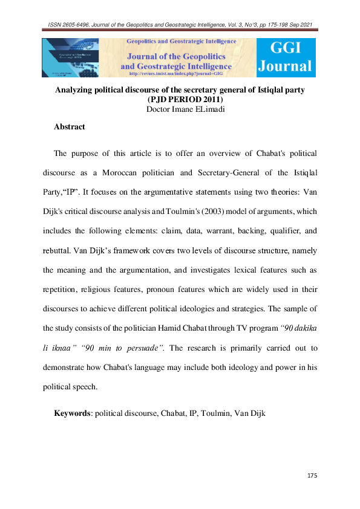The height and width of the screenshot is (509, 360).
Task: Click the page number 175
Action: tap(312, 476)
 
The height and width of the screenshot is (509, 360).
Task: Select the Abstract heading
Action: tap(70, 127)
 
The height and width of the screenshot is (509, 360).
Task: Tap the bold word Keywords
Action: tap(72, 413)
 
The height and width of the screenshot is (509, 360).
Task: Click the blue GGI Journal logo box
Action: tap(286, 57)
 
